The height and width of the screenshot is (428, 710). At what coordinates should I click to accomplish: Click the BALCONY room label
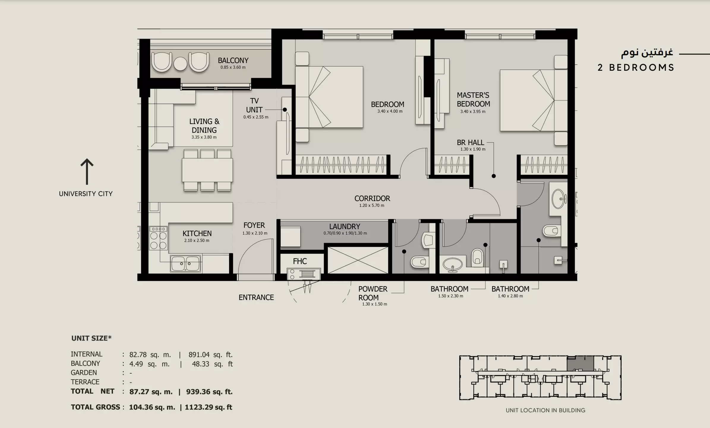point(233,60)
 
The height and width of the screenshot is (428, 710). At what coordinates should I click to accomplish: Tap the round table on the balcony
point(181,63)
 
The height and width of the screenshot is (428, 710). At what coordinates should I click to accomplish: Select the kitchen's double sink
point(185,263)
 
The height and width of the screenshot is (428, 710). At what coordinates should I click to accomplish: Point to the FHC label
point(300,261)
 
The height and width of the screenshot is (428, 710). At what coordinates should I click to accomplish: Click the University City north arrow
point(87,172)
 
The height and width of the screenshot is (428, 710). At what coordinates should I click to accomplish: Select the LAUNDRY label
point(345,226)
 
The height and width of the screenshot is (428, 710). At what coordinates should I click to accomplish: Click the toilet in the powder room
point(420,262)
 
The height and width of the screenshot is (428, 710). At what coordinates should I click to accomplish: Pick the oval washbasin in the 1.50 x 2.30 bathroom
point(452,264)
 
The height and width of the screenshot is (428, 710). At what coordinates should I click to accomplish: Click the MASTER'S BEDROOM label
point(473,100)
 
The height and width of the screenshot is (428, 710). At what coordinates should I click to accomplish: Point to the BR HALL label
point(470,143)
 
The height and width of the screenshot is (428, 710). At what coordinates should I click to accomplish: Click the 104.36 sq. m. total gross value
point(152,407)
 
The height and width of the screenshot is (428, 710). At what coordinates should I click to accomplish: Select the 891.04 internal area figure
point(199,355)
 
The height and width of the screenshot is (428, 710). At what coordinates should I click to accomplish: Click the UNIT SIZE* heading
point(91,338)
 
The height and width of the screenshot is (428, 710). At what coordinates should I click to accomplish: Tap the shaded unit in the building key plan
point(580,364)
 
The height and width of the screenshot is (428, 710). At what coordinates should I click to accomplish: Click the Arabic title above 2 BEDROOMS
point(647,53)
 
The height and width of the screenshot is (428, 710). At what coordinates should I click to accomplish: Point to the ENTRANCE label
point(256,298)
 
